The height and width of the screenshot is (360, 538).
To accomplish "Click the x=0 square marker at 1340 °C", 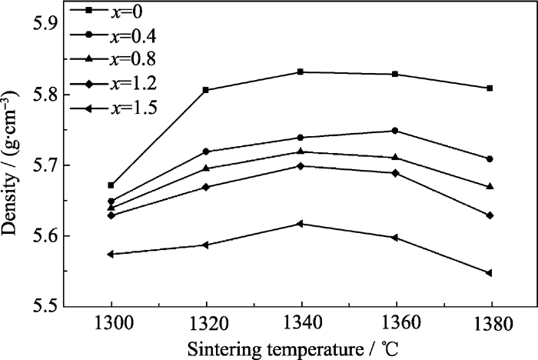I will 301,72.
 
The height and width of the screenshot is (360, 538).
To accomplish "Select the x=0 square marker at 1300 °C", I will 111,185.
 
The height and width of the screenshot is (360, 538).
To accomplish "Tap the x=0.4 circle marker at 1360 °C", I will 395,131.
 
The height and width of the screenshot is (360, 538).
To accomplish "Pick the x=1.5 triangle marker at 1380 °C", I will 489,273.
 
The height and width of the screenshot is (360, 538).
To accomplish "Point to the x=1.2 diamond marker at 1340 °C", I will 301,166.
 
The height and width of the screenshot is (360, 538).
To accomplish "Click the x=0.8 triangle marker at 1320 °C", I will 206,168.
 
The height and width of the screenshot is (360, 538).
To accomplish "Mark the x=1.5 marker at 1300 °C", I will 111,254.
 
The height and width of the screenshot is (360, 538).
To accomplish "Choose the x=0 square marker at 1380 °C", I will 490,88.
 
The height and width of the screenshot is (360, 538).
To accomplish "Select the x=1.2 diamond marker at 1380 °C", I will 490,215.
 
